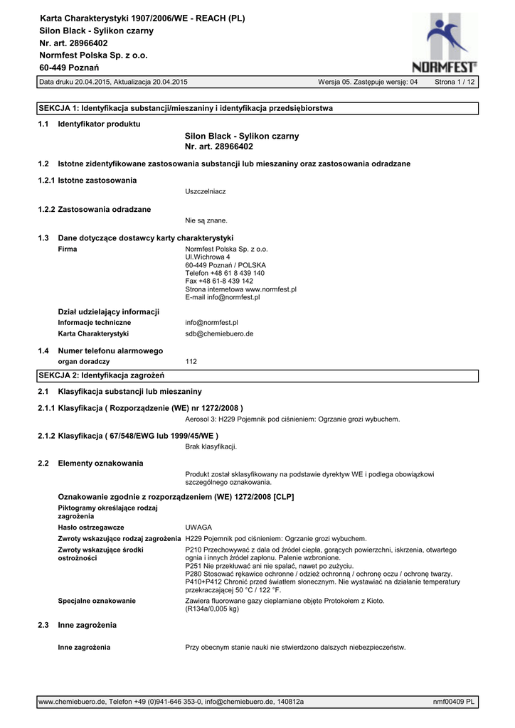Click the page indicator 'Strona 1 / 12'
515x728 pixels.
click(x=455, y=82)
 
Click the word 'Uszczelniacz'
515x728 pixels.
click(x=206, y=192)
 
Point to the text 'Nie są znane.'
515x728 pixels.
click(x=206, y=220)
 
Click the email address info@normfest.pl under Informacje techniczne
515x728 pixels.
click(x=211, y=322)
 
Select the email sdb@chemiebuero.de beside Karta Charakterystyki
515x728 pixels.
click(x=219, y=333)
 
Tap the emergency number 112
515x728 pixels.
click(x=191, y=362)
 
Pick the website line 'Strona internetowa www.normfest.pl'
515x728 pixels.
click(x=240, y=289)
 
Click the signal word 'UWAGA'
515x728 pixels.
click(x=198, y=528)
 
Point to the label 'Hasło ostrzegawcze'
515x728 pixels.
click(x=91, y=528)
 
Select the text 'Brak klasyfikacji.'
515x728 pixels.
click(x=211, y=446)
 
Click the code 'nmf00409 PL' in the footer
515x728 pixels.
click(x=454, y=702)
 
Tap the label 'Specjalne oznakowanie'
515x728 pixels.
click(x=97, y=601)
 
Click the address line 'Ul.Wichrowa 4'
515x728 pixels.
click(x=208, y=257)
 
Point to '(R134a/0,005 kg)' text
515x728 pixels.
click(x=212, y=609)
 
